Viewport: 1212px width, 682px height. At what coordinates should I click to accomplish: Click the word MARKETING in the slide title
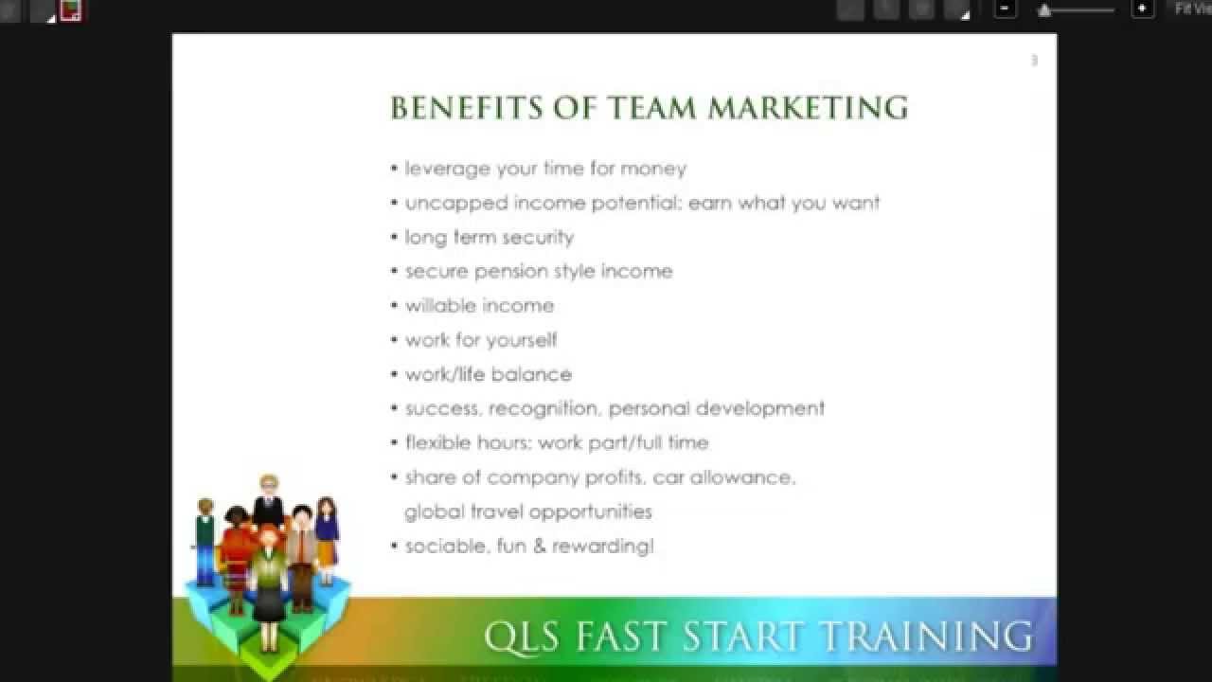[808, 108]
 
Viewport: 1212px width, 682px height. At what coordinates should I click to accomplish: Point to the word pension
[511, 271]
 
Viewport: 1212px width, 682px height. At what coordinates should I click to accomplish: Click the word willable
[439, 305]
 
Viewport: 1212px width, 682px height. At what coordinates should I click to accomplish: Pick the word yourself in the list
[521, 339]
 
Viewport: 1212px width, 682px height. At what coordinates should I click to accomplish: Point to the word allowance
[741, 477]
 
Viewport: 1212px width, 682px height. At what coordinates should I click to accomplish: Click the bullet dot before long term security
[394, 237]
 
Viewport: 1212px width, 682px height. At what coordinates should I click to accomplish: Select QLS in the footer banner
[516, 636]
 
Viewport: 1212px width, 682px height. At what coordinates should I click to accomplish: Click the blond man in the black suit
[269, 502]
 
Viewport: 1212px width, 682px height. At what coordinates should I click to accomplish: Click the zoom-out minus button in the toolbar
[1006, 9]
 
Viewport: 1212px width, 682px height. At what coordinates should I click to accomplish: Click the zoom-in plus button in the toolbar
[1143, 9]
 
